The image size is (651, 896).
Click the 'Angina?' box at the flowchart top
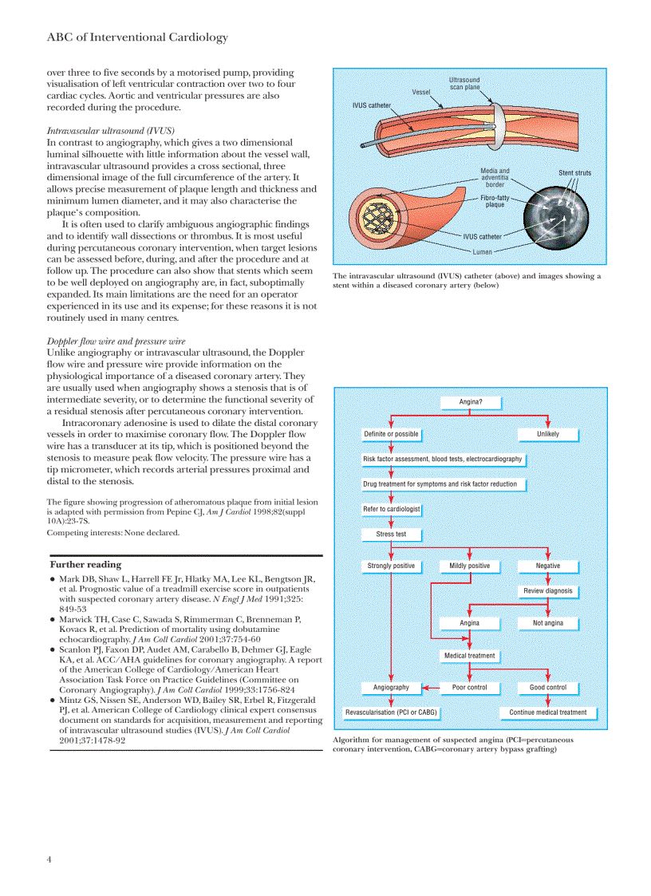[x=471, y=402]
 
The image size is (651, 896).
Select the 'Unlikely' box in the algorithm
[x=548, y=434]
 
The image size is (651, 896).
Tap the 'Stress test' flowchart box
[x=391, y=534]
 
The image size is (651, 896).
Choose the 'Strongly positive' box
[x=391, y=566]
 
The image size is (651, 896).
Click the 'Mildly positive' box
[x=470, y=566]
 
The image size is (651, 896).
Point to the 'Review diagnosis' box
[x=548, y=591]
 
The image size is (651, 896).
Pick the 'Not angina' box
[x=548, y=623]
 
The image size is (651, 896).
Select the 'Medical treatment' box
[x=470, y=656]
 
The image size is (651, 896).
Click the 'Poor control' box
[x=470, y=687]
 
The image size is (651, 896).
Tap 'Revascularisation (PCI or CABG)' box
[x=391, y=712]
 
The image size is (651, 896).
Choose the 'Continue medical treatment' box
[x=548, y=712]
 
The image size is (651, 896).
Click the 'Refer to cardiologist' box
[x=391, y=509]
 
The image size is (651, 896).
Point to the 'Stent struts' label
[x=574, y=173]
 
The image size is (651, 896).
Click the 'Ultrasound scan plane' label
[x=464, y=84]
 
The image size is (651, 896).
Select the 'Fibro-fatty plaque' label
[x=495, y=200]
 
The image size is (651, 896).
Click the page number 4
[x=49, y=859]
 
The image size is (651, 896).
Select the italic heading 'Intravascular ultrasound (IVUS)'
[x=111, y=130]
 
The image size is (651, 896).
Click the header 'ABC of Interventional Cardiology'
[x=137, y=37]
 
